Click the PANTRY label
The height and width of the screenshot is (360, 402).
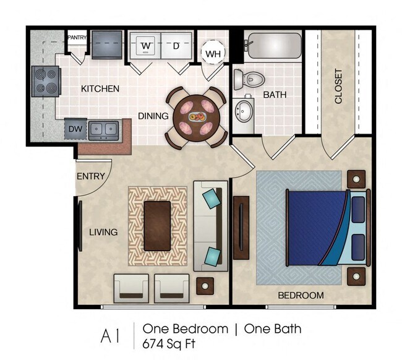click(77, 37)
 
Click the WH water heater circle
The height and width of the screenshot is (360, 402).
click(213, 53)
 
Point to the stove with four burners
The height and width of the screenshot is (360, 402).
click(46, 80)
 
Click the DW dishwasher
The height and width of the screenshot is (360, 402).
click(75, 129)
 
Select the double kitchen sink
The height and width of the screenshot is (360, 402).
click(103, 130)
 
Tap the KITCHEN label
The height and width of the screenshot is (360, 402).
click(100, 88)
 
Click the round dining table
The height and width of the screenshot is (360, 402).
click(196, 117)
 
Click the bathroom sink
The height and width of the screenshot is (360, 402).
click(245, 112)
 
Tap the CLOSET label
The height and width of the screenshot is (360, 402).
click(338, 85)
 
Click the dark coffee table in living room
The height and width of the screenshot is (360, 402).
click(157, 225)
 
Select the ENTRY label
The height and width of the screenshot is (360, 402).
click(90, 176)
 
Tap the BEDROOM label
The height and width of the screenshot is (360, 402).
click(301, 295)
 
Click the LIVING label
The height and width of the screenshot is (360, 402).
click(103, 232)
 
